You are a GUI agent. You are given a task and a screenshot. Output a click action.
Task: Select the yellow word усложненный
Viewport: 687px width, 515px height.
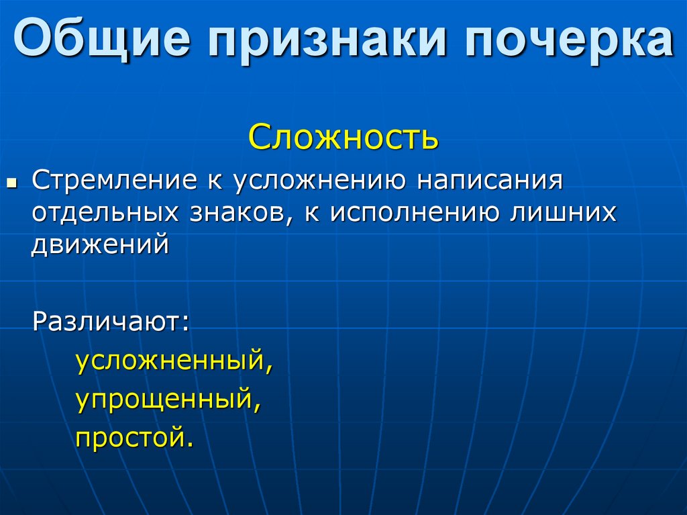click(x=170, y=363)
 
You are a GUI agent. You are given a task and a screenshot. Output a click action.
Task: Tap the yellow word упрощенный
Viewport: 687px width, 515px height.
click(x=164, y=401)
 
